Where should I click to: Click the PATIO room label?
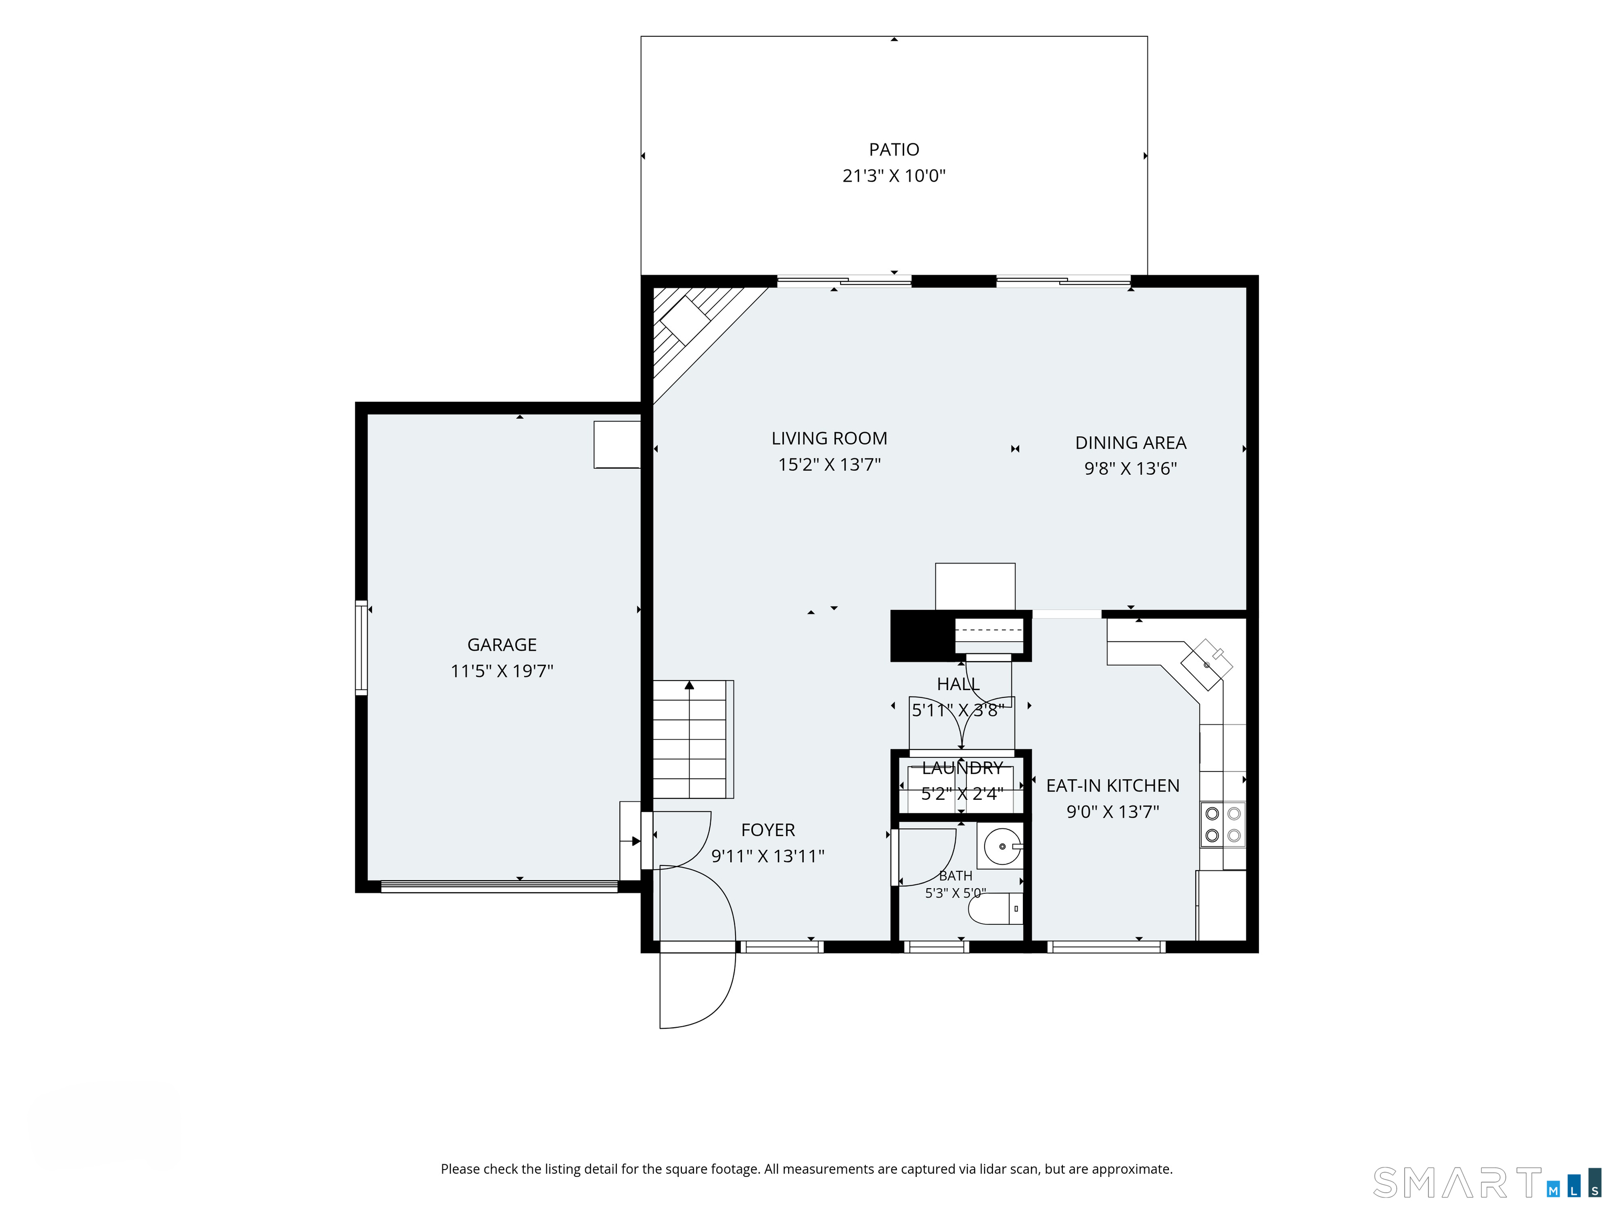point(894,150)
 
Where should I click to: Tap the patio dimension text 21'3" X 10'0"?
point(894,176)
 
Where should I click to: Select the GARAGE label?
point(502,645)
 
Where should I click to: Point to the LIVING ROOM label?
point(830,439)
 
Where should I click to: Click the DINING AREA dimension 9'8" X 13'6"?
point(1130,468)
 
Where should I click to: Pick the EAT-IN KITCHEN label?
point(1113,786)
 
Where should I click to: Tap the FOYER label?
point(768,830)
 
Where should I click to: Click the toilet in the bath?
point(995,909)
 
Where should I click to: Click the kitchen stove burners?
point(1223,824)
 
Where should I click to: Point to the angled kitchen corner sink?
point(1207,664)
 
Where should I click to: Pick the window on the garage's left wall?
point(361,647)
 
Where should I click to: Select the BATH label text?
point(956,876)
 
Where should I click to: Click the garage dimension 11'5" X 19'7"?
point(502,671)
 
